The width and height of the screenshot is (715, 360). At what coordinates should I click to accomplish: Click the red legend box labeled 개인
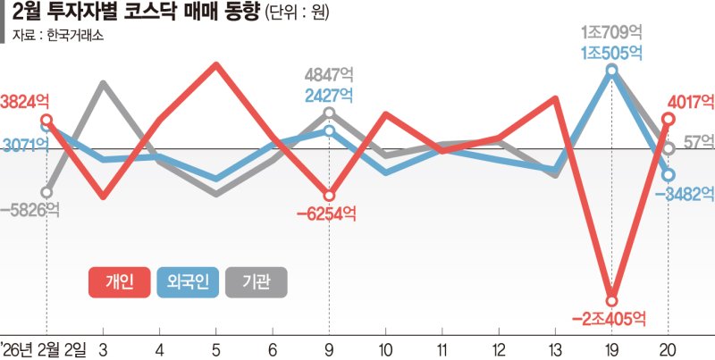(x=120, y=282)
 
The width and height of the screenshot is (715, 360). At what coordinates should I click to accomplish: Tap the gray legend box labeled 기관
(x=257, y=282)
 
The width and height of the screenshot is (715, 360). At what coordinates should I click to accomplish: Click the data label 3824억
(x=23, y=101)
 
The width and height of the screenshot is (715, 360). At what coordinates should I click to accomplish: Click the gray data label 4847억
(x=329, y=74)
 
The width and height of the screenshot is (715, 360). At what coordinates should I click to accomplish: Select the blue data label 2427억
(x=329, y=94)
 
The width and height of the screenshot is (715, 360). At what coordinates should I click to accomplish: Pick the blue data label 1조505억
(x=611, y=53)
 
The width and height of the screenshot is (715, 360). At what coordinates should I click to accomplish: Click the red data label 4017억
(x=690, y=100)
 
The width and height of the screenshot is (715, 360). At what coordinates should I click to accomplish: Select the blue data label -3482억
(x=690, y=194)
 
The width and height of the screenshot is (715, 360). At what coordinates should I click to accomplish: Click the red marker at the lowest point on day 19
(x=611, y=300)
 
